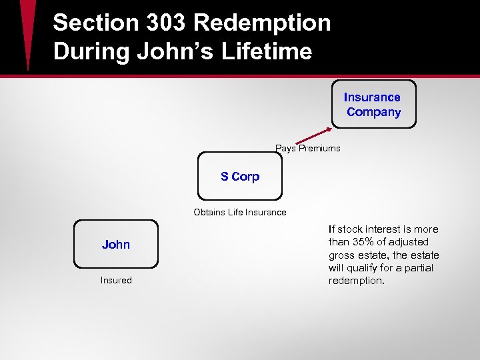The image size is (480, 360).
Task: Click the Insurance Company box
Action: click(374, 104)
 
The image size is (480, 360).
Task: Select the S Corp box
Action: click(240, 177)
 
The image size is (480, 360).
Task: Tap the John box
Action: click(116, 245)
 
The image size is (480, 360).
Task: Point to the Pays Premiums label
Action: click(307, 149)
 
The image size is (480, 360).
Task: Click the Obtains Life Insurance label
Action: click(240, 213)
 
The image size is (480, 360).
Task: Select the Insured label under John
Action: click(116, 281)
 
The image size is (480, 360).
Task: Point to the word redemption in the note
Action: click(356, 281)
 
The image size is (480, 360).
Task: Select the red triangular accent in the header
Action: click(27, 33)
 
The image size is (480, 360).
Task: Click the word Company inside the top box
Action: click(374, 112)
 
